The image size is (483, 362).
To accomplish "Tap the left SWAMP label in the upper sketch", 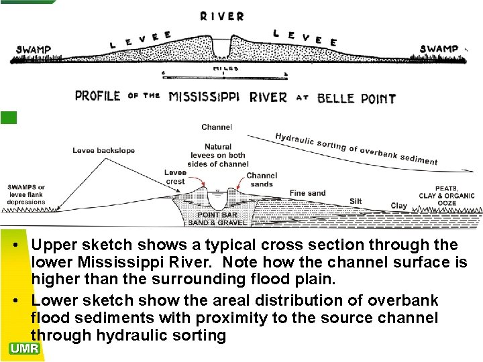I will click(34, 50).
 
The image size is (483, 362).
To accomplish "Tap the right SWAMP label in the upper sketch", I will click(439, 48).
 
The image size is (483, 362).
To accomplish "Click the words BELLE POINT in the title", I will click(356, 98).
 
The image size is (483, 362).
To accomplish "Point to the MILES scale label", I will click(223, 69).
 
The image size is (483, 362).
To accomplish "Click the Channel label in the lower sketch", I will click(217, 127).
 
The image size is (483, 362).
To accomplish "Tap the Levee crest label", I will click(175, 177).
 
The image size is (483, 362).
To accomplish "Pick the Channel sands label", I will click(261, 180).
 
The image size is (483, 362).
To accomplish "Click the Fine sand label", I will click(307, 193).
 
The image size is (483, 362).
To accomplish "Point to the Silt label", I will click(356, 201).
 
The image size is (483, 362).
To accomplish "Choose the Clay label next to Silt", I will click(398, 206).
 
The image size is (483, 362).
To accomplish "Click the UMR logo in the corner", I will click(25, 348).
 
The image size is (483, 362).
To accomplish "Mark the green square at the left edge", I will click(8, 117).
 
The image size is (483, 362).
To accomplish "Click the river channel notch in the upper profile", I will click(221, 48).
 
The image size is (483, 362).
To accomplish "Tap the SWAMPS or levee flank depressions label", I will click(27, 194).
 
